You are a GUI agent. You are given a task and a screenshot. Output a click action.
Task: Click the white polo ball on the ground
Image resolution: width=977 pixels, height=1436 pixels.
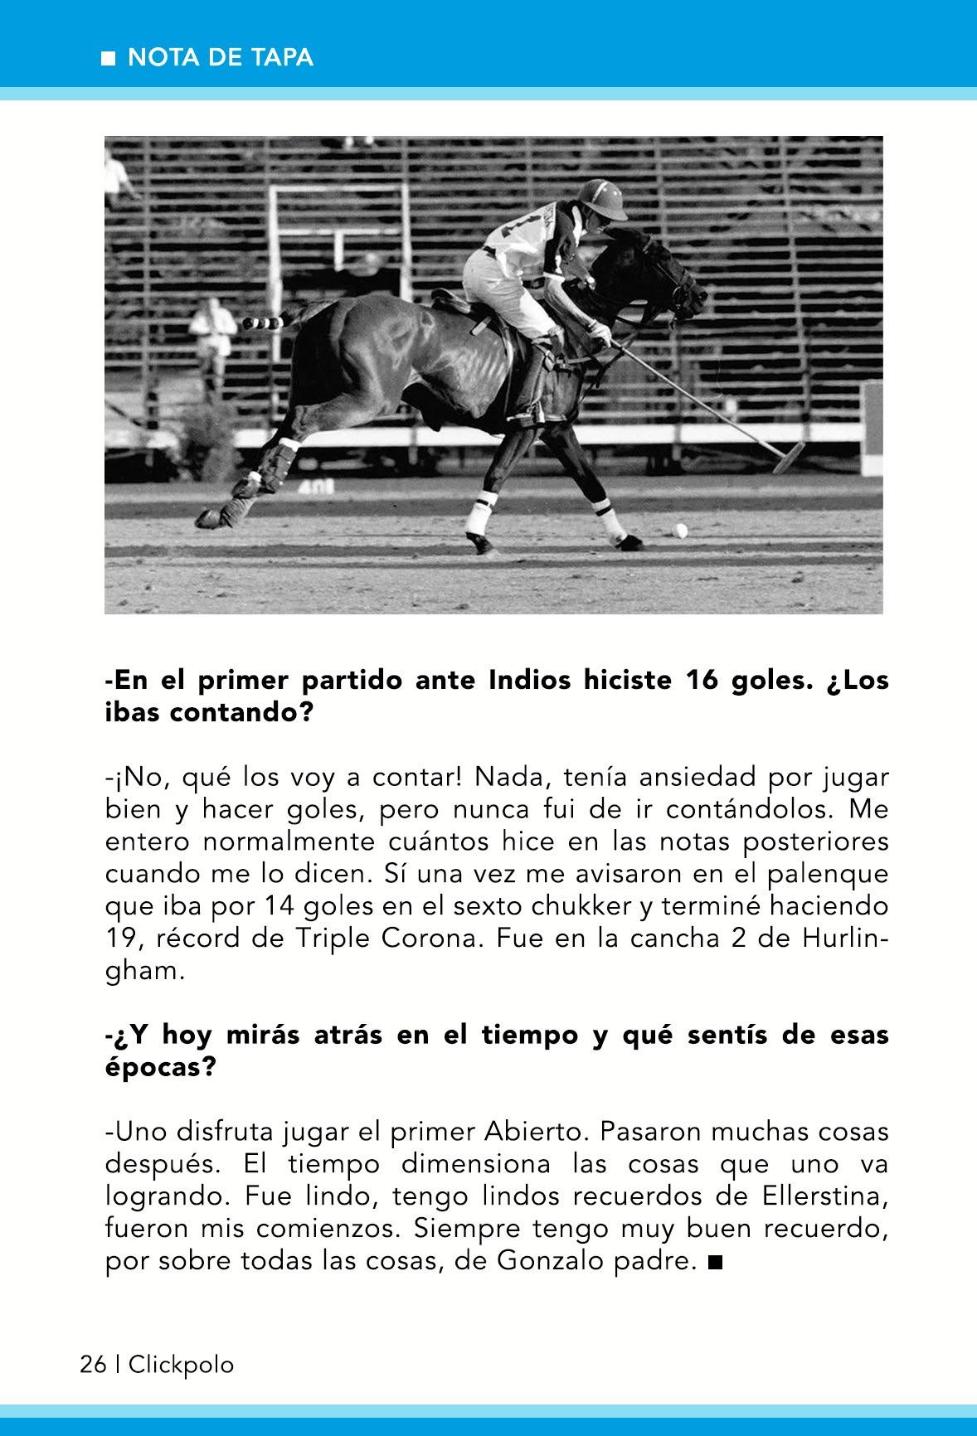(680, 530)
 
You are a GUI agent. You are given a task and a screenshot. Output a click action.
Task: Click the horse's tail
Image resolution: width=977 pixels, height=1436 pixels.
(274, 322)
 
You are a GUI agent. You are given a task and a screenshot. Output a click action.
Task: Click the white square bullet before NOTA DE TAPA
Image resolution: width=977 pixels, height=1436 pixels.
(108, 58)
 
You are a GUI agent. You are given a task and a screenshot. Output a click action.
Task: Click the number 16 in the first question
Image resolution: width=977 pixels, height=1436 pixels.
(703, 681)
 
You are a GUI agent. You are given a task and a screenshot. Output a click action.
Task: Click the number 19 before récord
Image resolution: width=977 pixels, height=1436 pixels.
(123, 939)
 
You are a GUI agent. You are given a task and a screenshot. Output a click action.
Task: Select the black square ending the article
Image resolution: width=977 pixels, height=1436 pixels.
(716, 1263)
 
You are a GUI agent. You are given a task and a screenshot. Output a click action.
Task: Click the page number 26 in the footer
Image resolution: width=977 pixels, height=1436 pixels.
(93, 1364)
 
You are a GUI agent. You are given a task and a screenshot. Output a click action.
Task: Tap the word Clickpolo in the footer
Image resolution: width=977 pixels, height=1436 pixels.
(181, 1364)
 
